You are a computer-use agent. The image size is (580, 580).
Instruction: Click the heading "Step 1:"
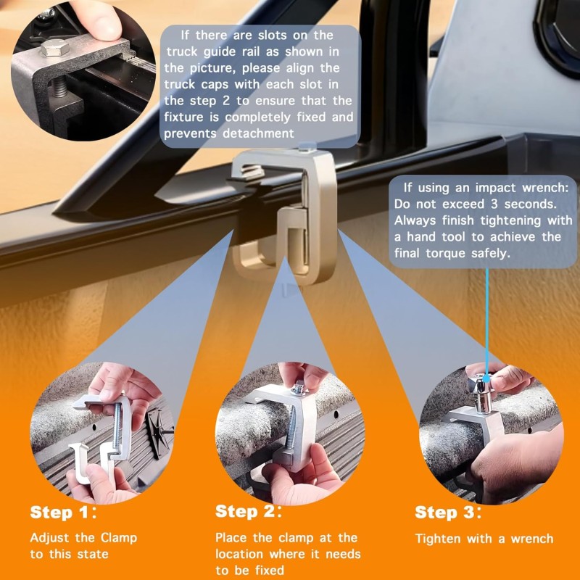coord(63,513)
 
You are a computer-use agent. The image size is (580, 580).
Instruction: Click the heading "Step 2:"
coord(249,512)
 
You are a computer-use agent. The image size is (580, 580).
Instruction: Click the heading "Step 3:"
coord(448,513)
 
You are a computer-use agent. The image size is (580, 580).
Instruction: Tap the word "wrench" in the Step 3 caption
coord(532,539)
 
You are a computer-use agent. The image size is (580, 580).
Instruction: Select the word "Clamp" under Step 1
coord(119,538)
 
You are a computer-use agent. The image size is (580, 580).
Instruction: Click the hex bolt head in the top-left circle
coord(54,48)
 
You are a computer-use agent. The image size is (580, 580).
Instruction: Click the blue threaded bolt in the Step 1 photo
coord(117,428)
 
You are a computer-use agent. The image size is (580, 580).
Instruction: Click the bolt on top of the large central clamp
coord(307,147)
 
